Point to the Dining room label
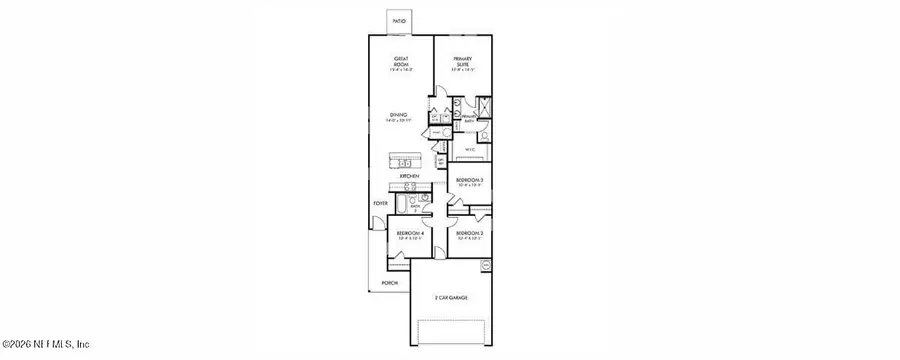[x=399, y=118]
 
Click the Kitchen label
[x=408, y=176]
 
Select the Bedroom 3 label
[x=470, y=182]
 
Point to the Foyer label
[x=380, y=203]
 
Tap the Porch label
[x=390, y=283]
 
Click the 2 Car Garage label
[x=452, y=298]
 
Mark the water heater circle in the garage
[x=487, y=265]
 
